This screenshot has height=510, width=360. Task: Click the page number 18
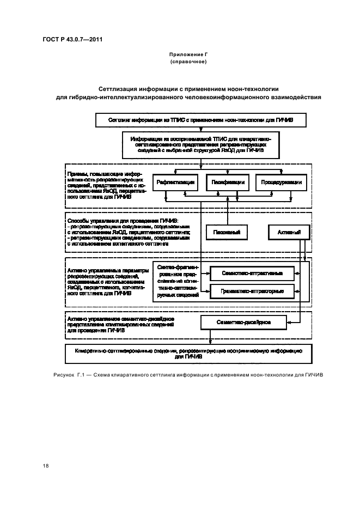point(45,465)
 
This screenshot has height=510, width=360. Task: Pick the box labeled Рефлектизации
point(174,182)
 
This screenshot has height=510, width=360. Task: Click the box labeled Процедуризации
point(278,182)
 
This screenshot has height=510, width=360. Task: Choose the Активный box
point(289,233)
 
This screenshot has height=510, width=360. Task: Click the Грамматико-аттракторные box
point(252,290)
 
